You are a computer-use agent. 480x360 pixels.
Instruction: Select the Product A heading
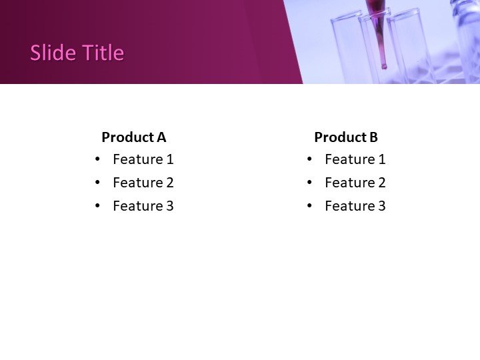click(x=133, y=137)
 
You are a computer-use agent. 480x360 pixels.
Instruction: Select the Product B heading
click(x=345, y=137)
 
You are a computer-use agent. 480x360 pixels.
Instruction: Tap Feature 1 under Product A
click(x=143, y=159)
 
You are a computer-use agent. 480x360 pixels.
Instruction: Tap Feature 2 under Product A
click(x=143, y=183)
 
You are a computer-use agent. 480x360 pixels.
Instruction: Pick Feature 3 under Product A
click(x=143, y=206)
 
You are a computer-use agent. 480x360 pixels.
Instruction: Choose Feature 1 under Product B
click(x=355, y=159)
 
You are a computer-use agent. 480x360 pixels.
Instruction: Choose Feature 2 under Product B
click(x=355, y=183)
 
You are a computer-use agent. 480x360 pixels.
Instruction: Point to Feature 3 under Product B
click(x=355, y=206)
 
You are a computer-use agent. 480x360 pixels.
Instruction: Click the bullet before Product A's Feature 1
click(x=98, y=159)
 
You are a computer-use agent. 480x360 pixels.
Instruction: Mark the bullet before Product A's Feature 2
click(x=98, y=183)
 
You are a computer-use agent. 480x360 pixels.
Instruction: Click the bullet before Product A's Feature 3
click(x=98, y=206)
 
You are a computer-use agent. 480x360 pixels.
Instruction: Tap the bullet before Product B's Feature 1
click(x=309, y=159)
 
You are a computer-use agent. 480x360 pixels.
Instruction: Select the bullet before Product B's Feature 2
click(x=309, y=183)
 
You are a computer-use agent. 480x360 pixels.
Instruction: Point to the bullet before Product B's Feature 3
click(x=309, y=206)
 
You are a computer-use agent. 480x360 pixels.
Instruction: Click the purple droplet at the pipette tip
click(x=383, y=66)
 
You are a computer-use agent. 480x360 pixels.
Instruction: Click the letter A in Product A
click(x=161, y=137)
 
